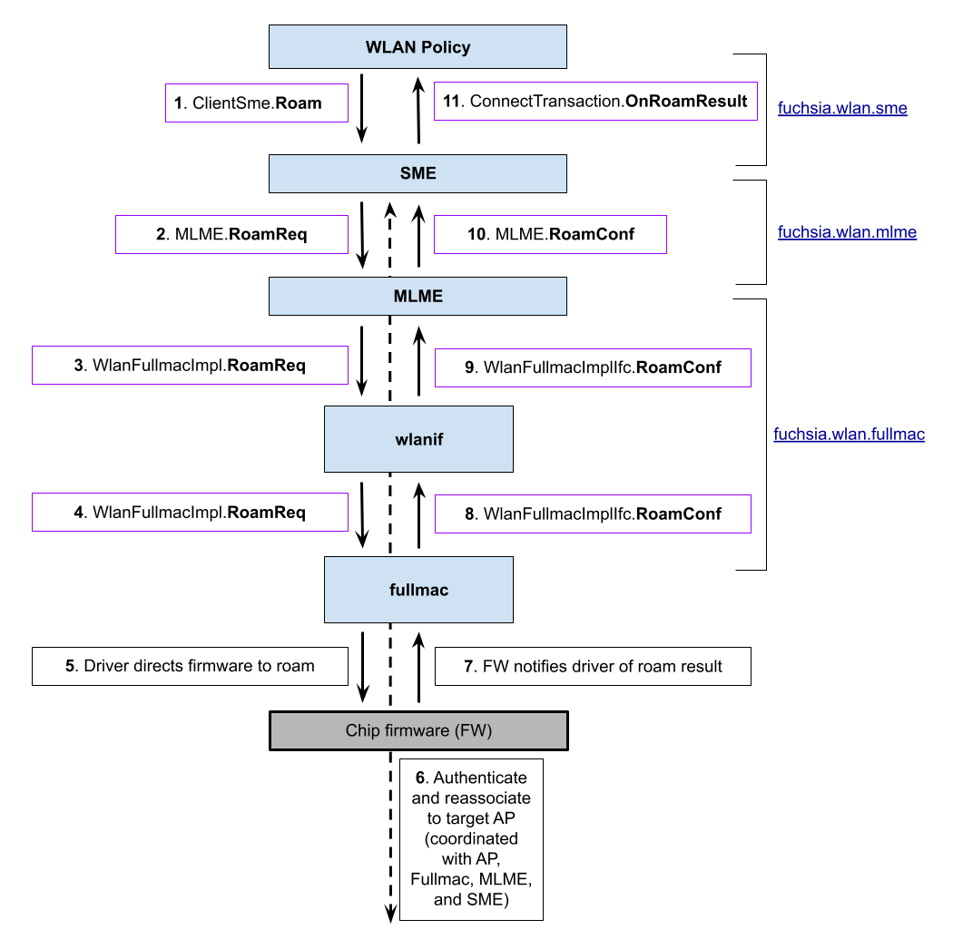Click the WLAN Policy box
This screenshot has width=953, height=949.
point(418,47)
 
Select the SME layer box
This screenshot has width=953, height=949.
point(418,173)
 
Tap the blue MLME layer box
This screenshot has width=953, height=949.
point(418,296)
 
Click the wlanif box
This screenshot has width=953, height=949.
point(418,439)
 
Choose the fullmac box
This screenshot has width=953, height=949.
point(418,590)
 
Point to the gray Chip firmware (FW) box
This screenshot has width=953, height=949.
point(418,730)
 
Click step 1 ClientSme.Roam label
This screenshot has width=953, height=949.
point(257,103)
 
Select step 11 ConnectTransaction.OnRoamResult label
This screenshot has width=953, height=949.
point(595,101)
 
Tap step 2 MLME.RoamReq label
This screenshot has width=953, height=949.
point(231,234)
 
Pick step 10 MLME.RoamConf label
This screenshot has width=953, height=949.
point(550,234)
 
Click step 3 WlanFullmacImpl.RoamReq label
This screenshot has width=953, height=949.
point(190,366)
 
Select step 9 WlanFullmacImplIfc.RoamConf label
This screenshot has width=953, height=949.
point(593,367)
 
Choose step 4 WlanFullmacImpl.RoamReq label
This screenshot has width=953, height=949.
point(190,513)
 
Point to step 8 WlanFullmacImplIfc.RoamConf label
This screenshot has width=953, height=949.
point(593,514)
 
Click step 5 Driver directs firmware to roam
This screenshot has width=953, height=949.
point(190,666)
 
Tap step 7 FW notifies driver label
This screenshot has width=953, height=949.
point(593,667)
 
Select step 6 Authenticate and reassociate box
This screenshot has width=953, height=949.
point(471,839)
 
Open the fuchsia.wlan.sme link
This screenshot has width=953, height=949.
point(842,109)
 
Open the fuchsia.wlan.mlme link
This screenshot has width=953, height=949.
point(847,232)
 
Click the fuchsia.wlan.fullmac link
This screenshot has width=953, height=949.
point(849,435)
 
